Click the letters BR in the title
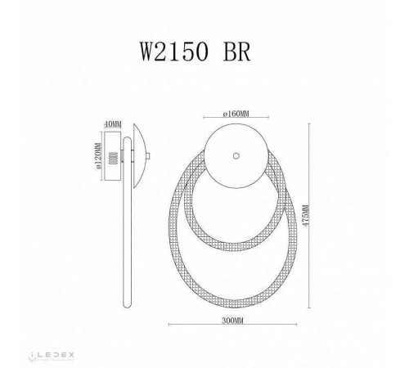click(x=239, y=48)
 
